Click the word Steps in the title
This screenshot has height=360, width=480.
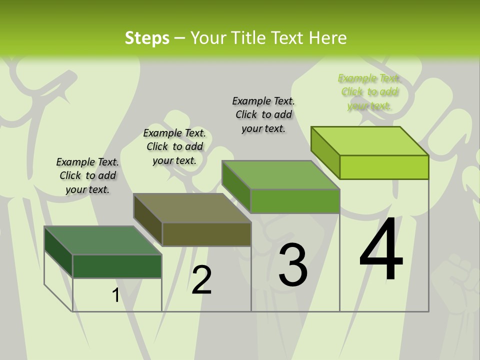(x=147, y=38)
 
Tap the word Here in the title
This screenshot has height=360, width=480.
(x=327, y=38)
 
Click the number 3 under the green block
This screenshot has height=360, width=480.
(x=293, y=265)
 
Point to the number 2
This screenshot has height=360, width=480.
(x=201, y=280)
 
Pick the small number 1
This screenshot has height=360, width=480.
(x=116, y=295)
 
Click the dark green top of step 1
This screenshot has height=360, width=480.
(x=102, y=240)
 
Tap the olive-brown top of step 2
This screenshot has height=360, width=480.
(x=192, y=208)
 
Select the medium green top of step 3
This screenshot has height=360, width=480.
(x=280, y=175)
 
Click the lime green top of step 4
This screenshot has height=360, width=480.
(x=369, y=141)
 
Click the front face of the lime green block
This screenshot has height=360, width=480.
(x=384, y=167)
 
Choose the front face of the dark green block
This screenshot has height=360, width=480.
(x=117, y=266)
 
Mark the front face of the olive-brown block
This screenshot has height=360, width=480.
(x=206, y=234)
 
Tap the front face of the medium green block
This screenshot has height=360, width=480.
(x=295, y=201)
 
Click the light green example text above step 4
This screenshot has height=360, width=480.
(x=369, y=92)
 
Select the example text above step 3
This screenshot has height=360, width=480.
(x=263, y=114)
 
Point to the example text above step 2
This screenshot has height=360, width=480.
(x=174, y=146)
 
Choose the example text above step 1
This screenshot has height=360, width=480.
(x=87, y=175)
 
